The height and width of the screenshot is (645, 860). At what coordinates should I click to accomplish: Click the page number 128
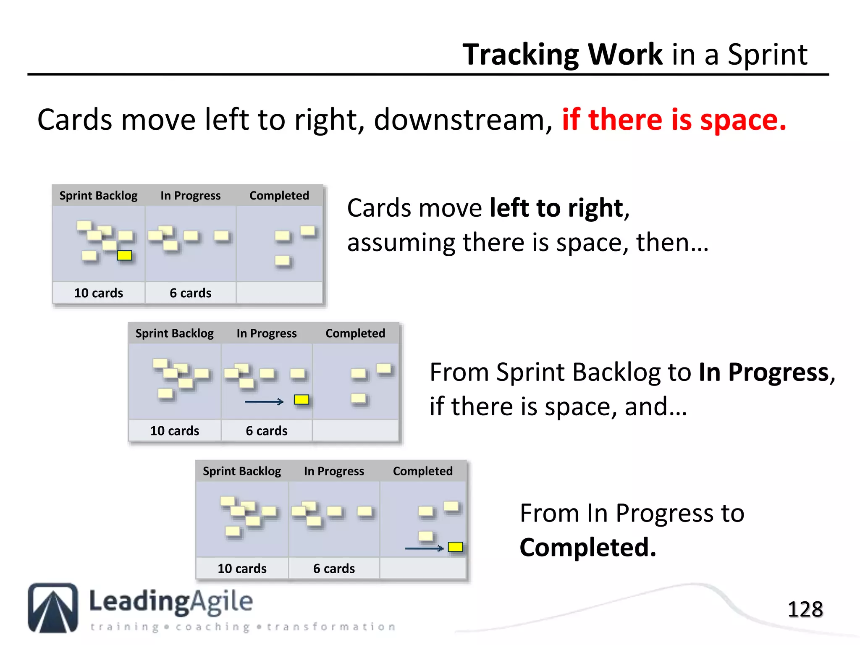pos(805,609)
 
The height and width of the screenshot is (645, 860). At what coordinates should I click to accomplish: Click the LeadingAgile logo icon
pos(53,608)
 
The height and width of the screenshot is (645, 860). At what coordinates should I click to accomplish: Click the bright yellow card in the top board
pos(124,255)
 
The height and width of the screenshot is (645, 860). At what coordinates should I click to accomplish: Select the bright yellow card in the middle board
pos(302,399)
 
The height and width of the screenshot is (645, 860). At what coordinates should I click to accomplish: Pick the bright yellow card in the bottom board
pos(455,547)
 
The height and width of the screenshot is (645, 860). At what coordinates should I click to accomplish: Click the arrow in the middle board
pos(264,402)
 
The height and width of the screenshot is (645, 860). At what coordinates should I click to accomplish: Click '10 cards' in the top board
pos(99,293)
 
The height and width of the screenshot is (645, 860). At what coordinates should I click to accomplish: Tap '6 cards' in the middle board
pos(267,430)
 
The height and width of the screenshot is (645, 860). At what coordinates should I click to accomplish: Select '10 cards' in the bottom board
pos(242,568)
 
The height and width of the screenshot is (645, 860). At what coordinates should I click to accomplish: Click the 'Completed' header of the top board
pos(279,196)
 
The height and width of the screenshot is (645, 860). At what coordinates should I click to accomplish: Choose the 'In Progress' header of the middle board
pos(267,333)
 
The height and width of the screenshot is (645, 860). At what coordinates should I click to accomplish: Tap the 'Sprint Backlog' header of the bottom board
pos(242,471)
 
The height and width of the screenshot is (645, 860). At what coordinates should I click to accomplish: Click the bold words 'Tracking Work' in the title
pos(562,55)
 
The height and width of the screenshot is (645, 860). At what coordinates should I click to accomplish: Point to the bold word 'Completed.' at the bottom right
pos(587,547)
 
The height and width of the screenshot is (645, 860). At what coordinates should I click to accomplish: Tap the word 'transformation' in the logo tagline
pos(331,627)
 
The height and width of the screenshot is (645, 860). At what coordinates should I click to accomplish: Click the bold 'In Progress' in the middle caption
pos(763,372)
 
